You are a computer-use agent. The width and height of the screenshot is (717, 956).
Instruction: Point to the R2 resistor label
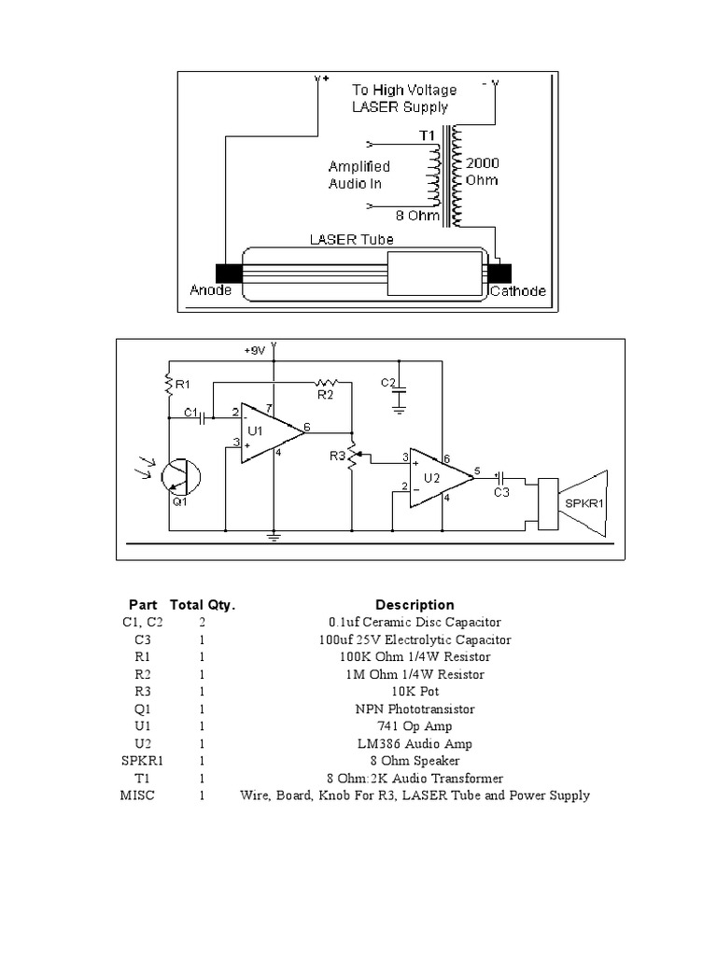(325, 395)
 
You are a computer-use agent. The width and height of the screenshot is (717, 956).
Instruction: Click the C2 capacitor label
(388, 383)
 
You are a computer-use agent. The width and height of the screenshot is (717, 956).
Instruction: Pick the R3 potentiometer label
(337, 456)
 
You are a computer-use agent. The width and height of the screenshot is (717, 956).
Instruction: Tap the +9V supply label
(255, 350)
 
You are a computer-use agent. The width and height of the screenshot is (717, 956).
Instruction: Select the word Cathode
(518, 291)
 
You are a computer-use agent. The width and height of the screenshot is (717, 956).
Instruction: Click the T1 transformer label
(427, 136)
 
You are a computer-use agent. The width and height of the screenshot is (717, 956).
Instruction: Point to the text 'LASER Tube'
(351, 240)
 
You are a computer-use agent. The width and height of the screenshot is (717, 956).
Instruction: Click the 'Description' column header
(415, 605)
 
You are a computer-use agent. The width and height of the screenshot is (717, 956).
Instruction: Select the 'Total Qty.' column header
(203, 605)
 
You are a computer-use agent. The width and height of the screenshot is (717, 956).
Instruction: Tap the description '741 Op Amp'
(415, 726)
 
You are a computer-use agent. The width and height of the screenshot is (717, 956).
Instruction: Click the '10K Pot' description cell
(415, 692)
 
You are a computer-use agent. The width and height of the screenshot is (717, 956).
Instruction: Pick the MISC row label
(137, 795)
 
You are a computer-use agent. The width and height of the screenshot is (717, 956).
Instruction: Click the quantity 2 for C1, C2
(203, 622)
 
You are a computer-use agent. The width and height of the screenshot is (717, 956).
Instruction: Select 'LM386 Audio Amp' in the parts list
(415, 744)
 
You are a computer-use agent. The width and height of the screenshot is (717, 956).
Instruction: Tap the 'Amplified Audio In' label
(358, 175)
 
